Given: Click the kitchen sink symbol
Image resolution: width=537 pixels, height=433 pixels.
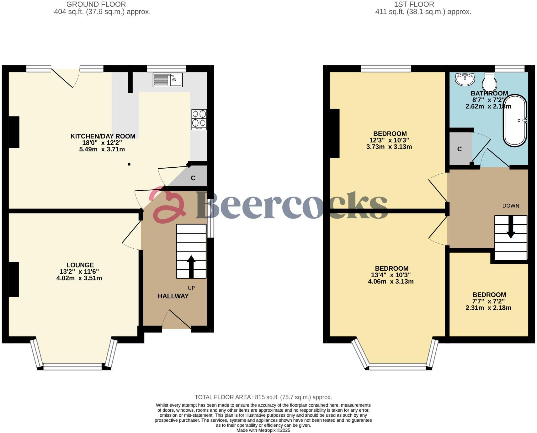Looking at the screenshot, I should pos(167,80).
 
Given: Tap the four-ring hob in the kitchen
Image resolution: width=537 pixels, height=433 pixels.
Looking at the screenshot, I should pos(199,119).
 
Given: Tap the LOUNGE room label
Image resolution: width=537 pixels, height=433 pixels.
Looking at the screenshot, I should pos(80,265).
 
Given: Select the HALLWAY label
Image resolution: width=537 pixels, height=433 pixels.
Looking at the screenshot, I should pos(173,296).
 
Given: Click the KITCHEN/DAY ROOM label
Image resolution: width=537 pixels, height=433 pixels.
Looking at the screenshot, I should pos(103,136).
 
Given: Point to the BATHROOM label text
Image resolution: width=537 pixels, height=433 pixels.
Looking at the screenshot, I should pos(489,93).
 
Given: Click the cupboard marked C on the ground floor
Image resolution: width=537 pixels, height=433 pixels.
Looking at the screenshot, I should pos(193,178).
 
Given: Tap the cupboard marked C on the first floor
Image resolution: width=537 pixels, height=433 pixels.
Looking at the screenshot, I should pos(460,149).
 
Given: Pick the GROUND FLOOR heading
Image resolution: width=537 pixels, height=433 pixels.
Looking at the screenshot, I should pos(96,4).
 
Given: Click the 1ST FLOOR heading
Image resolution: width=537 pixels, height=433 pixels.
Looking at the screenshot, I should pos(414,4).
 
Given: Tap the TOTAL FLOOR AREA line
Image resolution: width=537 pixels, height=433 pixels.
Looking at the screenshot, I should pos(263,397).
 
